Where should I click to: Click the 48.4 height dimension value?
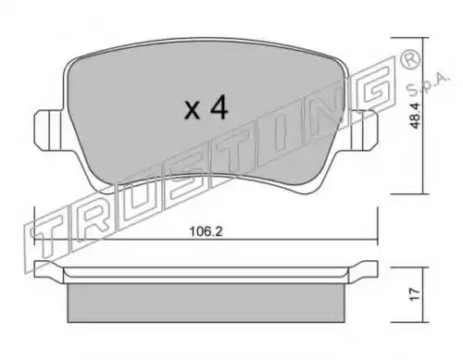pyautogui.click(x=416, y=116)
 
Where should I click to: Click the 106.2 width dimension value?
pyautogui.click(x=206, y=231)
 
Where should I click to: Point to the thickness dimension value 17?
pyautogui.click(x=416, y=294)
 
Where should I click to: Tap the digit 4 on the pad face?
pyautogui.click(x=219, y=107)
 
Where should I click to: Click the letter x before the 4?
pyautogui.click(x=192, y=110)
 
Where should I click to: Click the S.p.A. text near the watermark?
pyautogui.click(x=428, y=84)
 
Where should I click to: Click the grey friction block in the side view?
pyautogui.click(x=206, y=303)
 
